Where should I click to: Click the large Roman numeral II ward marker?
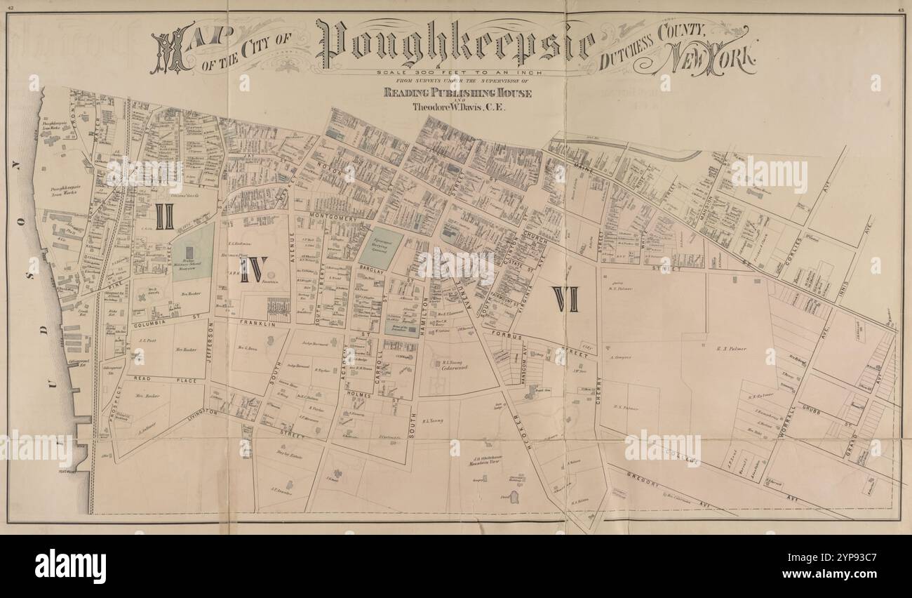[164, 216]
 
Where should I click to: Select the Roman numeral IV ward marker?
[253, 268]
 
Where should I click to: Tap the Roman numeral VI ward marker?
[565, 299]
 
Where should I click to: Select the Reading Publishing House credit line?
[457, 93]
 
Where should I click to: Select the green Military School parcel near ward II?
[192, 251]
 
